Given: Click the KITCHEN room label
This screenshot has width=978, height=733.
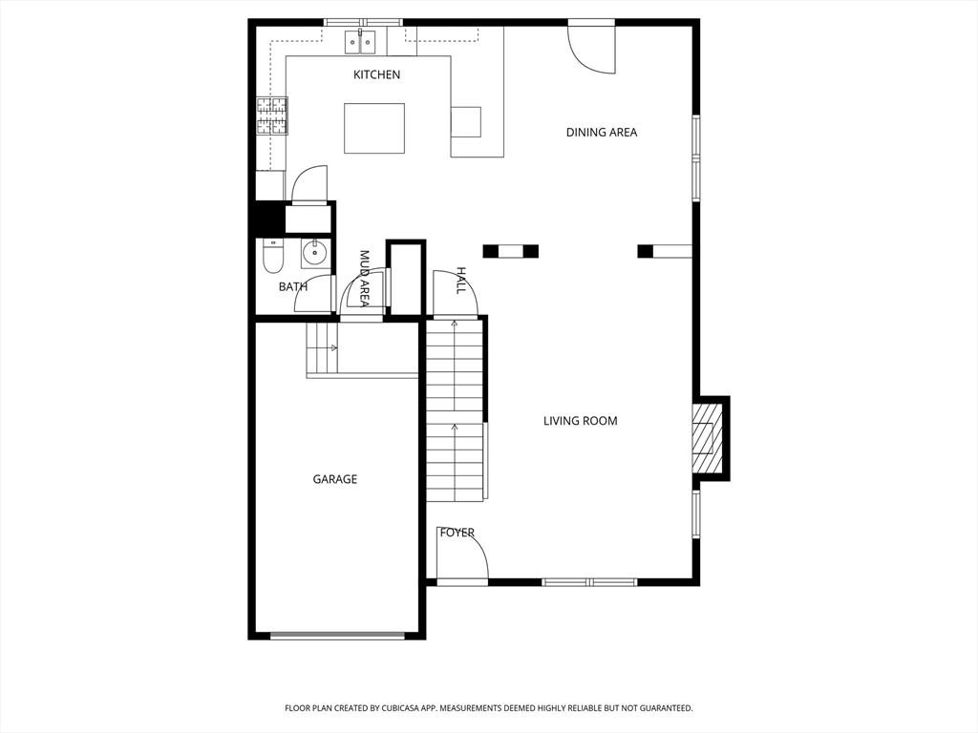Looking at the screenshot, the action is pyautogui.click(x=376, y=74).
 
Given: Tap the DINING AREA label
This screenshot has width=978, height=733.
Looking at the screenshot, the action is pyautogui.click(x=602, y=132).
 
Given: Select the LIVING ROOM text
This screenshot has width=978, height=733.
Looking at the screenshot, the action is pyautogui.click(x=580, y=421).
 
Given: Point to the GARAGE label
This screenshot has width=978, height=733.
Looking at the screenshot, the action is pyautogui.click(x=335, y=479).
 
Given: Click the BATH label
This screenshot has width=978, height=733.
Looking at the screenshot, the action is pyautogui.click(x=292, y=286).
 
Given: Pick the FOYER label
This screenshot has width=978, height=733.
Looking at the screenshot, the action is pyautogui.click(x=457, y=533).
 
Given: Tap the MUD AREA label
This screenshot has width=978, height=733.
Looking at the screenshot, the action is pyautogui.click(x=364, y=279).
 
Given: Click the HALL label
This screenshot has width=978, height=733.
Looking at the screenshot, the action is pyautogui.click(x=461, y=281).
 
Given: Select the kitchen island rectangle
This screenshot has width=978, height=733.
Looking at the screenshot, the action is pyautogui.click(x=374, y=128).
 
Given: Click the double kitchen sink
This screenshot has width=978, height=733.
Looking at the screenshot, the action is pyautogui.click(x=361, y=41).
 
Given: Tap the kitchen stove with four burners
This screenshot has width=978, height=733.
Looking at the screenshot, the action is pyautogui.click(x=272, y=115).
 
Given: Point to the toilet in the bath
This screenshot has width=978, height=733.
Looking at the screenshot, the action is pyautogui.click(x=272, y=258).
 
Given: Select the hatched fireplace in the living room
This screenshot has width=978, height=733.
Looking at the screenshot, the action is pyautogui.click(x=706, y=437).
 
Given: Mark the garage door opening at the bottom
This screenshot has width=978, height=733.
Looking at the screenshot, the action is pyautogui.click(x=337, y=636).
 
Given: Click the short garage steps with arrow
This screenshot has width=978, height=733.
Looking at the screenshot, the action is pyautogui.click(x=322, y=348).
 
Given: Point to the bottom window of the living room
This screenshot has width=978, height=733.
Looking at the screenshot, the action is pyautogui.click(x=589, y=582).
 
